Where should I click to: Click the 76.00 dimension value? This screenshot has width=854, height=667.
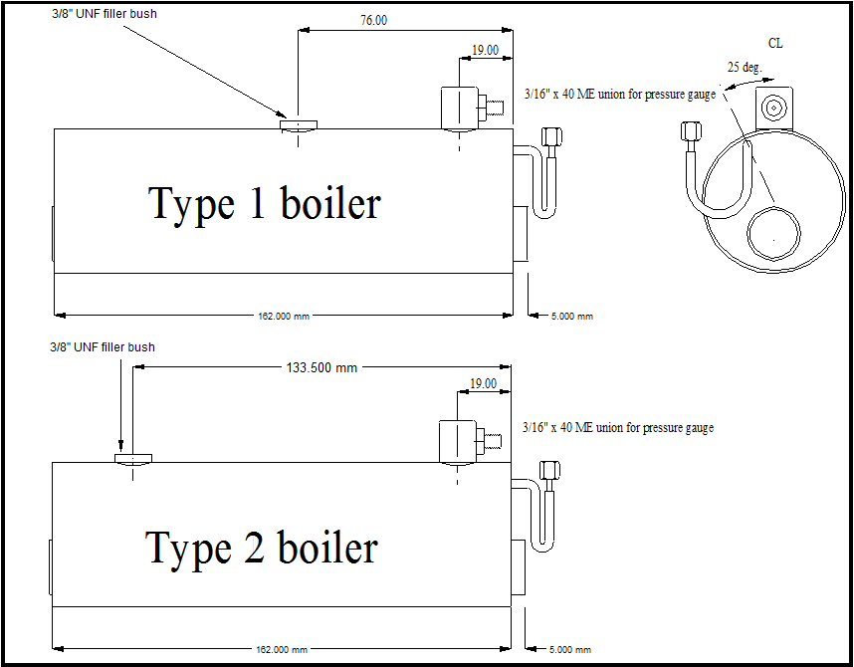click(373, 20)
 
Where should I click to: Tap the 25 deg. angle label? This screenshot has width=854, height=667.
click(745, 68)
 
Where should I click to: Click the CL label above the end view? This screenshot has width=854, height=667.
click(775, 44)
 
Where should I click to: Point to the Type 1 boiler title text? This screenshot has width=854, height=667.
click(265, 203)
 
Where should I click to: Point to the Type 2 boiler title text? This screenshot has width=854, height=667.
click(263, 548)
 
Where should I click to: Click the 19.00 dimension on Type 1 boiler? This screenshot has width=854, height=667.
click(485, 50)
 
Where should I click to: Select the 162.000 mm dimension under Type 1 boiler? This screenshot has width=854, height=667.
click(284, 316)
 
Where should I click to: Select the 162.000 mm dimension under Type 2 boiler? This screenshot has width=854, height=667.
click(284, 649)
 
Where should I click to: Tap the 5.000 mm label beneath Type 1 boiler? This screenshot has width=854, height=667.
click(572, 316)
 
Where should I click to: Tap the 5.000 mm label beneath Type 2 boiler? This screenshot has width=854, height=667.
click(572, 649)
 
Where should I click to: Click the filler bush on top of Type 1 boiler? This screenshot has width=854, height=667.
click(298, 124)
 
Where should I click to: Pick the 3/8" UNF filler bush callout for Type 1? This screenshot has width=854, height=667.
click(104, 15)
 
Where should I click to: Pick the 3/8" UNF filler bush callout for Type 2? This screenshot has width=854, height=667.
click(102, 347)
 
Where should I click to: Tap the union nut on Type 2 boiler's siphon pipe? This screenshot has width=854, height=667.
click(547, 470)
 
